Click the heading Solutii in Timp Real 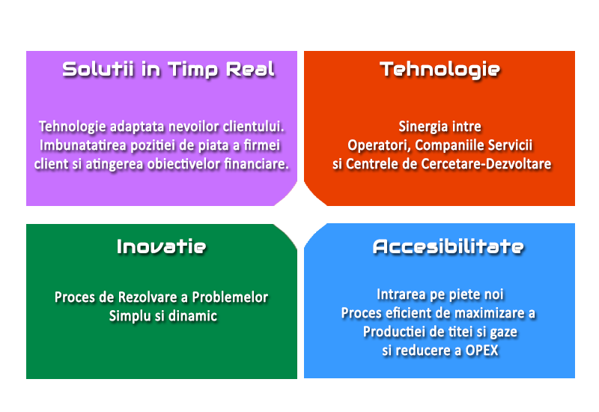click(x=168, y=70)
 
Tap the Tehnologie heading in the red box click(x=440, y=70)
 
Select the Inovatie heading click(x=161, y=246)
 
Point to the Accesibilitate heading click(x=448, y=246)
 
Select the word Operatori click(x=379, y=145)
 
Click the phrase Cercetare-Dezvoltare click(x=486, y=164)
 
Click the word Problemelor click(x=230, y=297)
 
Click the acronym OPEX click(x=481, y=351)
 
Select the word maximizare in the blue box click(x=489, y=313)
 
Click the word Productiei click(x=394, y=332)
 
